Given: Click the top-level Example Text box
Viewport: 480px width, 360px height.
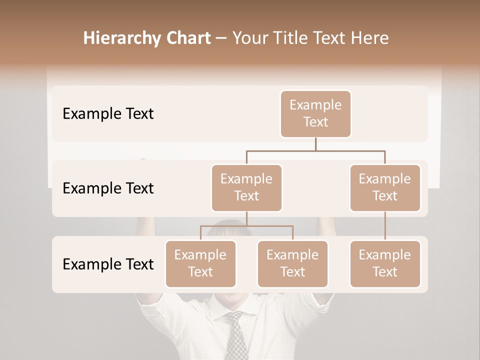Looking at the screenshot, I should (315, 114).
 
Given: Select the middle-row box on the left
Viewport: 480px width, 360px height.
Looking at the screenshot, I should (246, 188).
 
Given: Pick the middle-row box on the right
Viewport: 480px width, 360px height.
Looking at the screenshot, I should (385, 188).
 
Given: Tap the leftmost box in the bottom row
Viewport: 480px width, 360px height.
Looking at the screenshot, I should (200, 264).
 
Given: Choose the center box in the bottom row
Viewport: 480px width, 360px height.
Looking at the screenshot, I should (292, 264).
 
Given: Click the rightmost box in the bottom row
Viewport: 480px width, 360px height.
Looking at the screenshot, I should (385, 264).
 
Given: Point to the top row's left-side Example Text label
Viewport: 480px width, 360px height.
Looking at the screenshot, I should (108, 114).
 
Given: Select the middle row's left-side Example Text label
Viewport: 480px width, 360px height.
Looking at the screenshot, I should (108, 188).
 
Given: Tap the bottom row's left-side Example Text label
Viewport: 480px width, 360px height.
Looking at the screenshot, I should (108, 264).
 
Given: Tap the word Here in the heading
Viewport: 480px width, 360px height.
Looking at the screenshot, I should (370, 38).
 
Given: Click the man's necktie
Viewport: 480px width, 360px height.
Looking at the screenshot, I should (235, 335).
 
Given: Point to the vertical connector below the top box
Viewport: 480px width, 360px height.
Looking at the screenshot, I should (315, 144).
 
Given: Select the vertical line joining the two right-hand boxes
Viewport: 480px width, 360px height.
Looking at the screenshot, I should (385, 226).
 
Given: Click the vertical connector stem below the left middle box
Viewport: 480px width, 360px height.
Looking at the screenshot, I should (246, 218).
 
